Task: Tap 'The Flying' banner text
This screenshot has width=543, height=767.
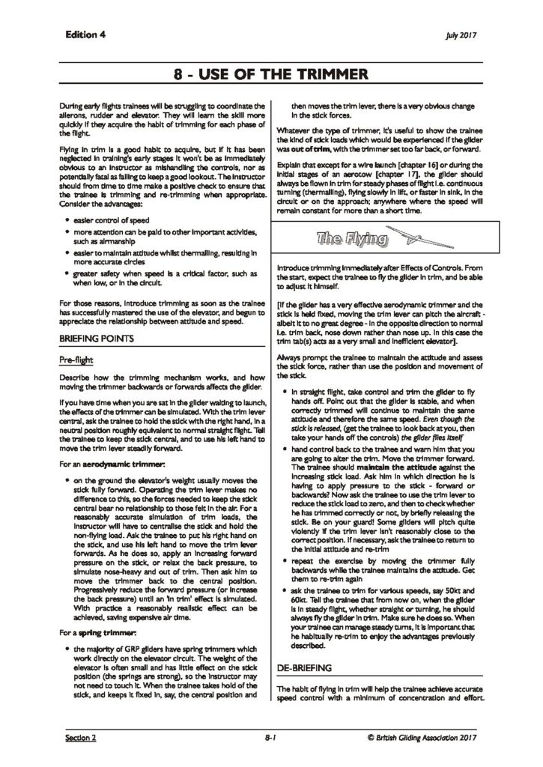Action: (352, 240)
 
